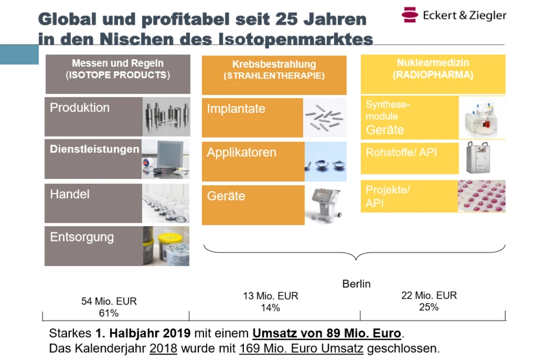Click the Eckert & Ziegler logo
pyautogui.click(x=454, y=15)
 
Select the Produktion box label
pyautogui.click(x=79, y=107)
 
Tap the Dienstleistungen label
pyautogui.click(x=95, y=149)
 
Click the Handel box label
pyautogui.click(x=70, y=194)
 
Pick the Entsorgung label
pyautogui.click(x=82, y=237)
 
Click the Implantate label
pyautogui.click(x=236, y=109)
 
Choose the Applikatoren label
pyautogui.click(x=242, y=153)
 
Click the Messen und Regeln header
pyautogui.click(x=118, y=63)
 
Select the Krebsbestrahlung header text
pyautogui.click(x=274, y=64)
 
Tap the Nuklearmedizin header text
pyautogui.click(x=432, y=63)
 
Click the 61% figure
pyautogui.click(x=108, y=313)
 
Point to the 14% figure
pyautogui.click(x=271, y=308)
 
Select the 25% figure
pyautogui.click(x=429, y=307)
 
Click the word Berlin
pyautogui.click(x=357, y=284)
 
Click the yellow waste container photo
pyautogui.click(x=166, y=246)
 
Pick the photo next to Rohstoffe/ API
pyautogui.click(x=482, y=158)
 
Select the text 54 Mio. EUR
pyautogui.click(x=109, y=301)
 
